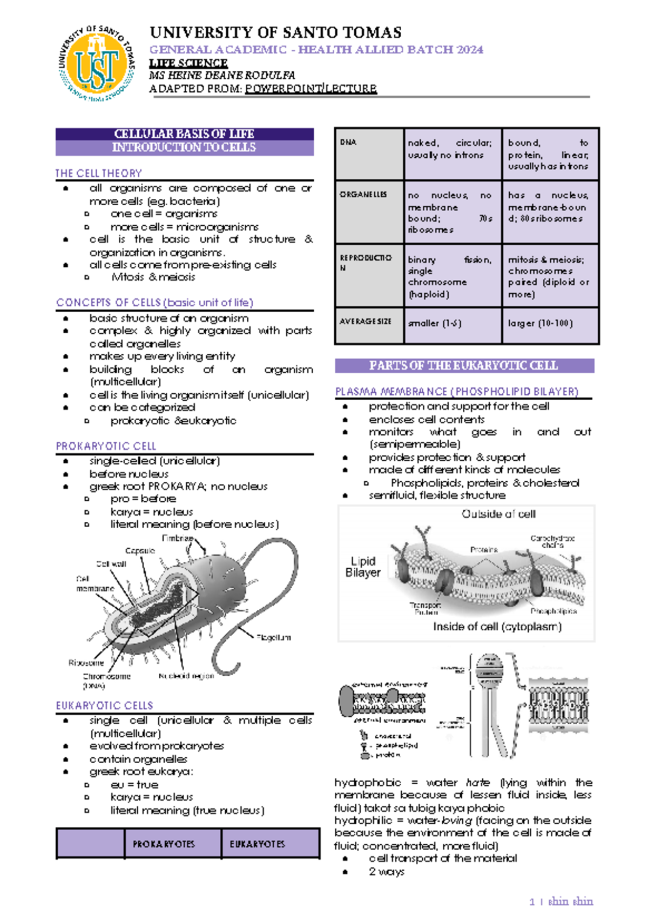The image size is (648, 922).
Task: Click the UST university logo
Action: (97, 64)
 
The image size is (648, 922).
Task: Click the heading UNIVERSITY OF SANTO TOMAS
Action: (275, 33)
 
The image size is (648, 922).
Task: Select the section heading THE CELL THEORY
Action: (98, 173)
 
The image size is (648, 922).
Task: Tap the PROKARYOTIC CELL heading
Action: (106, 446)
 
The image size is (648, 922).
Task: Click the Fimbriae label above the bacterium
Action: (177, 539)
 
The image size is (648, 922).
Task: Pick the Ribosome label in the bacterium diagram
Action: (86, 663)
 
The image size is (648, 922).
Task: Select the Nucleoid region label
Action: (186, 676)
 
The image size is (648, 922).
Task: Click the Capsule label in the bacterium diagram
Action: (140, 551)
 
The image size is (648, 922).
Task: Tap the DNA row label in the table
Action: (348, 142)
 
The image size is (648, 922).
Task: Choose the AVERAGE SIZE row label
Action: (366, 321)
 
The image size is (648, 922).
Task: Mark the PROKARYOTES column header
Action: (164, 844)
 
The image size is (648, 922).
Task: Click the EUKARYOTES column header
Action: (257, 844)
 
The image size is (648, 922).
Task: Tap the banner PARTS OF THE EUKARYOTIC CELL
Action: (463, 366)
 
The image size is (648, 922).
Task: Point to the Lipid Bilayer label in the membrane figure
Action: (363, 567)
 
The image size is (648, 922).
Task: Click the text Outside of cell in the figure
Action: (498, 514)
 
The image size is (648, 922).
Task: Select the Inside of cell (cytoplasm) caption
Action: (497, 627)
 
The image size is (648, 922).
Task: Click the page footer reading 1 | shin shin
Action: (561, 901)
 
